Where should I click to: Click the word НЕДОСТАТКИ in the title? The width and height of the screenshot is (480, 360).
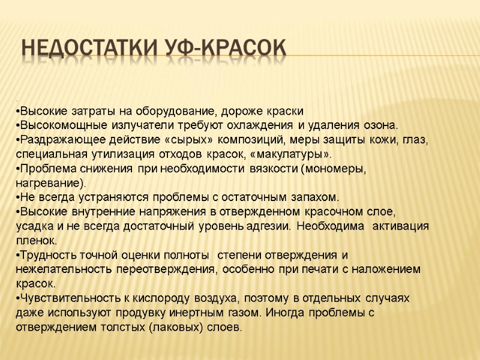(x=91, y=49)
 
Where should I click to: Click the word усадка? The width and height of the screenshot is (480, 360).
(x=33, y=226)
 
